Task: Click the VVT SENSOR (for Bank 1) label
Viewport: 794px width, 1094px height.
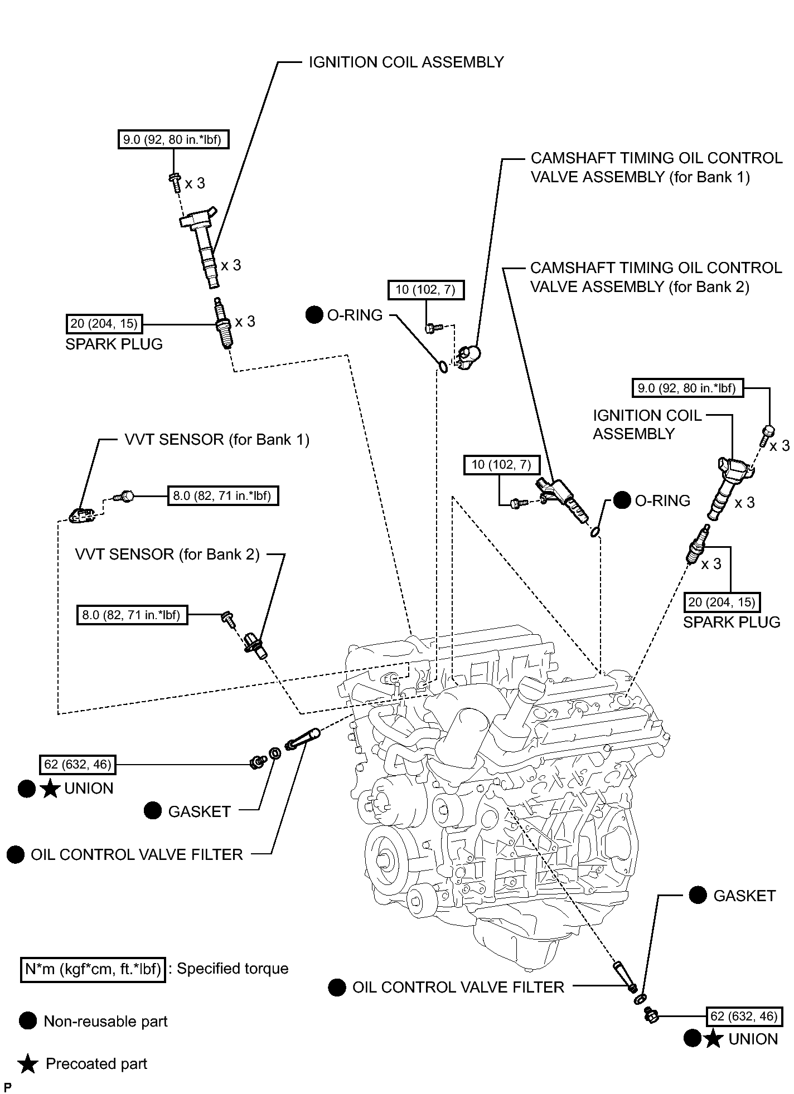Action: point(217,440)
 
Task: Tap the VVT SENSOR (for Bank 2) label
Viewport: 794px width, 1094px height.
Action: point(167,555)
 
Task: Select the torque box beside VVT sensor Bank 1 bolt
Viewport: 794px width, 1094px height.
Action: point(223,495)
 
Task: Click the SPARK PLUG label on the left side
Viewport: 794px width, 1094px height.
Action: point(114,344)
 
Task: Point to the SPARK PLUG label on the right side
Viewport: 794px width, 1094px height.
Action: point(732,622)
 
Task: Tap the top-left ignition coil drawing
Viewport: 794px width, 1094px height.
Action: point(201,246)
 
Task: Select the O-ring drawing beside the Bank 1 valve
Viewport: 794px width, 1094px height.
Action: point(442,367)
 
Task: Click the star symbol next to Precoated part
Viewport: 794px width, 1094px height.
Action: point(28,1064)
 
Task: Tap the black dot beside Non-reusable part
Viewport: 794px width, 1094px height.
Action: point(28,1021)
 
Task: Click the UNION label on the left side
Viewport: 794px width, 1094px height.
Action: point(89,789)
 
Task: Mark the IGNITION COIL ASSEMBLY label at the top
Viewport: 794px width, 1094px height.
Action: point(406,62)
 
